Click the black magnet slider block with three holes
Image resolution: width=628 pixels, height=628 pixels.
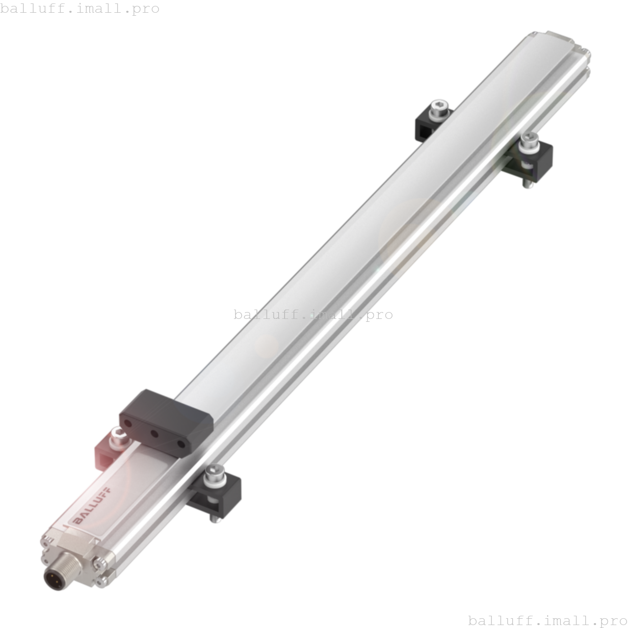pos(164,422)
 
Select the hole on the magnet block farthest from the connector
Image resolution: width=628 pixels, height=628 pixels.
pos(181,445)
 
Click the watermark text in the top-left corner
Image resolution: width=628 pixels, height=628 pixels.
pos(80,9)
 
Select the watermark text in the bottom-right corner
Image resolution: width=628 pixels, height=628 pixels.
pos(548,621)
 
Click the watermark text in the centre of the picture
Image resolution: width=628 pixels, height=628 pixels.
pos(313,314)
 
